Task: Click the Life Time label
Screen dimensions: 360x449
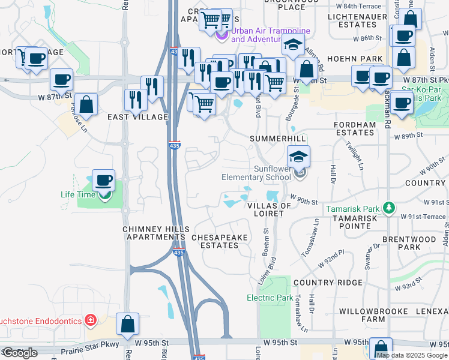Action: (77, 194)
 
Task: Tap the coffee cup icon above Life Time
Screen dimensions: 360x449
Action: (104, 180)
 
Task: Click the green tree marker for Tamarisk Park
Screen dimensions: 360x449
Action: (389, 208)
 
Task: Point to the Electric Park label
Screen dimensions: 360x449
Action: (270, 298)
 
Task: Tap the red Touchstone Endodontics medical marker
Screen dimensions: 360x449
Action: (91, 320)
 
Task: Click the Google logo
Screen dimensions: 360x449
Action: (20, 353)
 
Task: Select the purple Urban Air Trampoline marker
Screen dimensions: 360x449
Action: (222, 35)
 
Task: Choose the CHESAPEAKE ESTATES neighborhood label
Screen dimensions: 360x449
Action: (219, 242)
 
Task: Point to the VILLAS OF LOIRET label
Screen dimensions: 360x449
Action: (269, 210)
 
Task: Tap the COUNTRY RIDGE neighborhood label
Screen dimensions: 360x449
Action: (328, 283)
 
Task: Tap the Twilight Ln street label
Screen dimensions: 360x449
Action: (355, 155)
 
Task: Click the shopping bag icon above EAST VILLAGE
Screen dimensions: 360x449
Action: (86, 104)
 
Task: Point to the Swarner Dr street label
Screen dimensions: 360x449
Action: (369, 254)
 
